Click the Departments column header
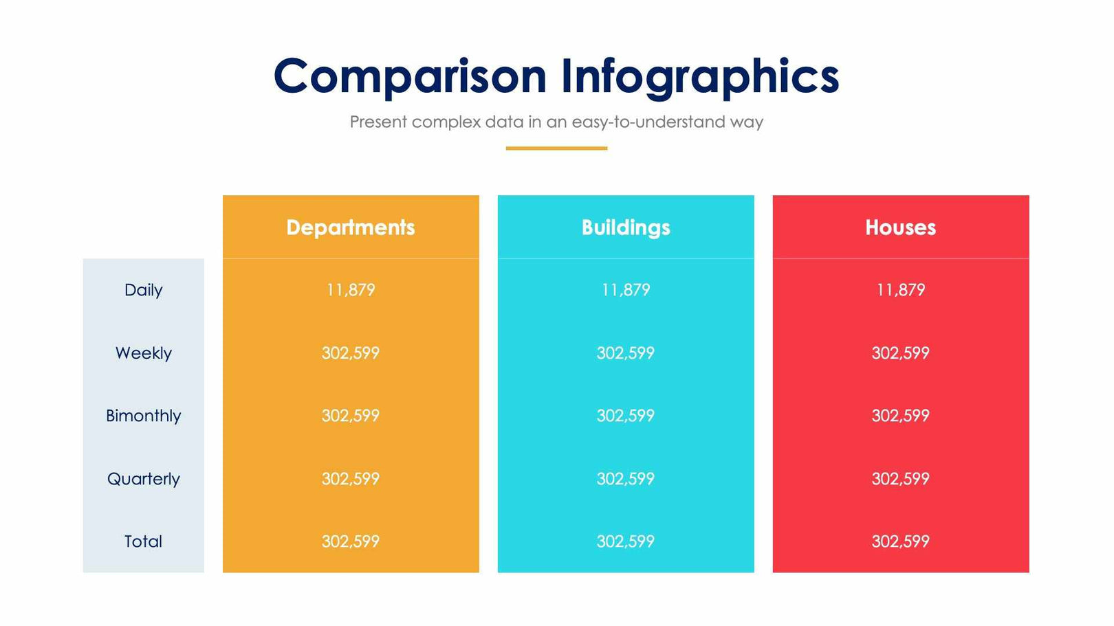351,227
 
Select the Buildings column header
626,227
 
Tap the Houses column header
900,227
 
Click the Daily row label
143,290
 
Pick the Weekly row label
143,353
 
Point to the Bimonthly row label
143,416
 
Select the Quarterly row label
143,479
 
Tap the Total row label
143,541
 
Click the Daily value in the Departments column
351,290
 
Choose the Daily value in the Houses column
900,290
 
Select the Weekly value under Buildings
626,353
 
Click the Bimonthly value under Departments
351,416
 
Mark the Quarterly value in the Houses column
900,479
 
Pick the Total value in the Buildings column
626,541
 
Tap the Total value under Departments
351,541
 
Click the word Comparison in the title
410,76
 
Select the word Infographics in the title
699,76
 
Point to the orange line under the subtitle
556,148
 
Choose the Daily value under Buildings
626,290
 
